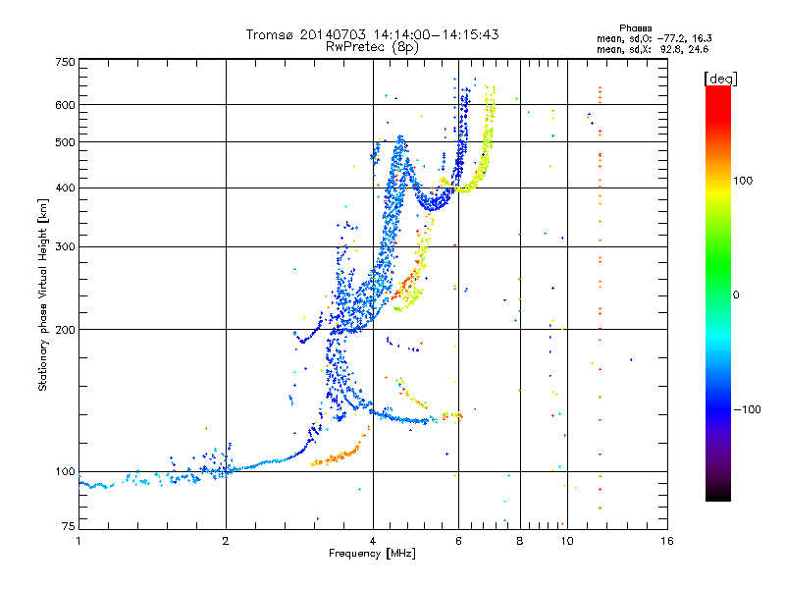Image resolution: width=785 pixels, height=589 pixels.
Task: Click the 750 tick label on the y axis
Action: click(65, 62)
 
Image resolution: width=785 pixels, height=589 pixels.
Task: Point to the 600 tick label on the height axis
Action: click(65, 105)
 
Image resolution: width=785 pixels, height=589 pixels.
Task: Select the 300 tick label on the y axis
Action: click(65, 246)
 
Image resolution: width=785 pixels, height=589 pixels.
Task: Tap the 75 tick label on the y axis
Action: click(69, 526)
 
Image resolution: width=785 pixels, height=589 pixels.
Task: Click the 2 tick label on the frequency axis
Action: click(226, 541)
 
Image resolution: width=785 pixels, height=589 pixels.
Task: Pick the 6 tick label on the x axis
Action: click(458, 541)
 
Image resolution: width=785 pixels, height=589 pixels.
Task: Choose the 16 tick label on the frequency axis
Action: click(667, 541)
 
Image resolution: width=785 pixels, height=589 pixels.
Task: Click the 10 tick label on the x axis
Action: click(567, 541)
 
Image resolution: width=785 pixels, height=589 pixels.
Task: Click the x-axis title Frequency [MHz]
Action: click(372, 554)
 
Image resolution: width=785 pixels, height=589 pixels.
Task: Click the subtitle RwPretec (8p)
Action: click(372, 47)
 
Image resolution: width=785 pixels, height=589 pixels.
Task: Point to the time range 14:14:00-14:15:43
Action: click(436, 34)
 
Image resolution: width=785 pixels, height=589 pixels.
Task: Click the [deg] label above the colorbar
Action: click(720, 79)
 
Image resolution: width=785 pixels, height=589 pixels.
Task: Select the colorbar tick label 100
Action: click(743, 181)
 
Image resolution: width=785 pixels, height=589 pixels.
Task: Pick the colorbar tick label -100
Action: click(747, 409)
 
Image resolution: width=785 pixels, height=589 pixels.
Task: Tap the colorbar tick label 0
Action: click(736, 295)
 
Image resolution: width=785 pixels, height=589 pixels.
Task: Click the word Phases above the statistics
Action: click(635, 28)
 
